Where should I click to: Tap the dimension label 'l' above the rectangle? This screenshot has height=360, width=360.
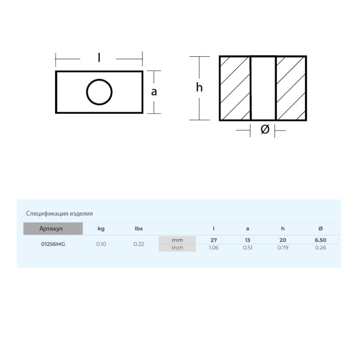pyautogui.click(x=99, y=57)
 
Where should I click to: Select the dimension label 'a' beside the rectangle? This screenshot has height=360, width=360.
pyautogui.click(x=154, y=92)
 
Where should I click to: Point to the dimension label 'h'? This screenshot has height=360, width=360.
pyautogui.click(x=199, y=87)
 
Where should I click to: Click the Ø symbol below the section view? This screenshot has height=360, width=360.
pyautogui.click(x=265, y=129)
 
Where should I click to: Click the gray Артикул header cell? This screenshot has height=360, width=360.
pyautogui.click(x=53, y=229)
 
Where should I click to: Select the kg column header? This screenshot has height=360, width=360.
pyautogui.click(x=101, y=229)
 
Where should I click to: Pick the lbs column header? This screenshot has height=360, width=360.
pyautogui.click(x=139, y=229)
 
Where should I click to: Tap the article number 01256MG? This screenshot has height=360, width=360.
pyautogui.click(x=53, y=244)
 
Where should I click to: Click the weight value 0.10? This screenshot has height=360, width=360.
pyautogui.click(x=101, y=244)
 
